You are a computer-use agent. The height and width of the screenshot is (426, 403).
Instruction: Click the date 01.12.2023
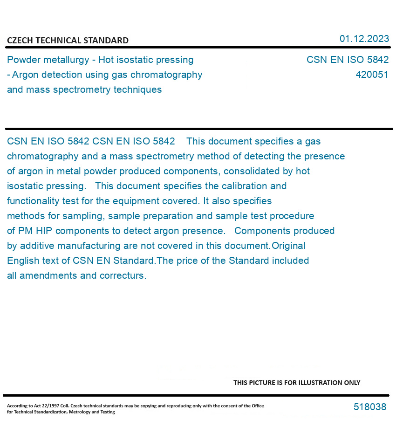tap(364, 39)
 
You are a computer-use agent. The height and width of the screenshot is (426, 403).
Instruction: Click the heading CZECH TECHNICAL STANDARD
tap(68, 41)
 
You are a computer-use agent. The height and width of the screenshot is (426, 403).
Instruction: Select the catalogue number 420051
tap(372, 75)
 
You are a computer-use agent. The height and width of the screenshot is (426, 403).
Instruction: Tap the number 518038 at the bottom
tap(370, 407)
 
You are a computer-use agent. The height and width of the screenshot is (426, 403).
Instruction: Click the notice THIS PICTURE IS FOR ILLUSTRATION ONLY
tap(297, 383)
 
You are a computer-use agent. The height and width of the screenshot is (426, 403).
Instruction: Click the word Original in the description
tap(288, 246)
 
